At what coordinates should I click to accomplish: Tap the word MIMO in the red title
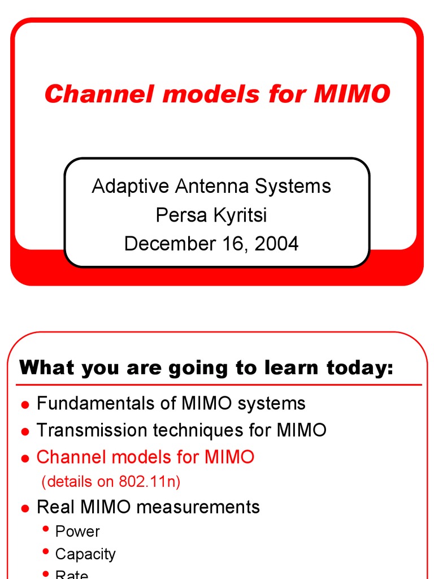351,94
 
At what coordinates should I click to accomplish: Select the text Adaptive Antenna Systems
211,185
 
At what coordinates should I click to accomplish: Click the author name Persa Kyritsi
211,215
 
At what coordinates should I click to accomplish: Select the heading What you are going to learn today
206,368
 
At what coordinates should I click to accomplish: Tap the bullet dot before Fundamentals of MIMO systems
24,405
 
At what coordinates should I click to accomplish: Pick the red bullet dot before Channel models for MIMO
24,459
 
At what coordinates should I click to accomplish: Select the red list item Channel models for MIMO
145,457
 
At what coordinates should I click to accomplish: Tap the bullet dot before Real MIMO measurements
24,508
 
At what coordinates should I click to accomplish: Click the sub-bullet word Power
77,532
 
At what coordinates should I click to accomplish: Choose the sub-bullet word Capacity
85,554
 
